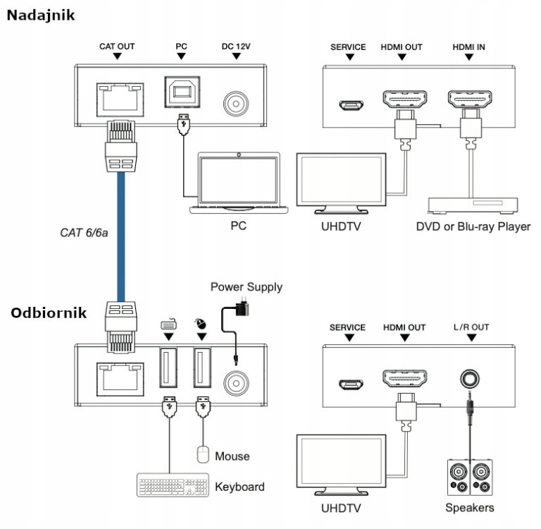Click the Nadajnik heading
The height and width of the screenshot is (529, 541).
pyautogui.click(x=41, y=14)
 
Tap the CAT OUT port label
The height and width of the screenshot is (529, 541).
pyautogui.click(x=116, y=47)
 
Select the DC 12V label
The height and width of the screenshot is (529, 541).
pyautogui.click(x=236, y=47)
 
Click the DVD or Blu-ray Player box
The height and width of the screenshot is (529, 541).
pyautogui.click(x=474, y=205)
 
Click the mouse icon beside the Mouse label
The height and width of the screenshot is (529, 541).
pyautogui.click(x=203, y=454)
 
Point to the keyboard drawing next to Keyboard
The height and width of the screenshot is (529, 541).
pyautogui.click(x=171, y=486)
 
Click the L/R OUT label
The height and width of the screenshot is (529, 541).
pyautogui.click(x=471, y=327)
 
